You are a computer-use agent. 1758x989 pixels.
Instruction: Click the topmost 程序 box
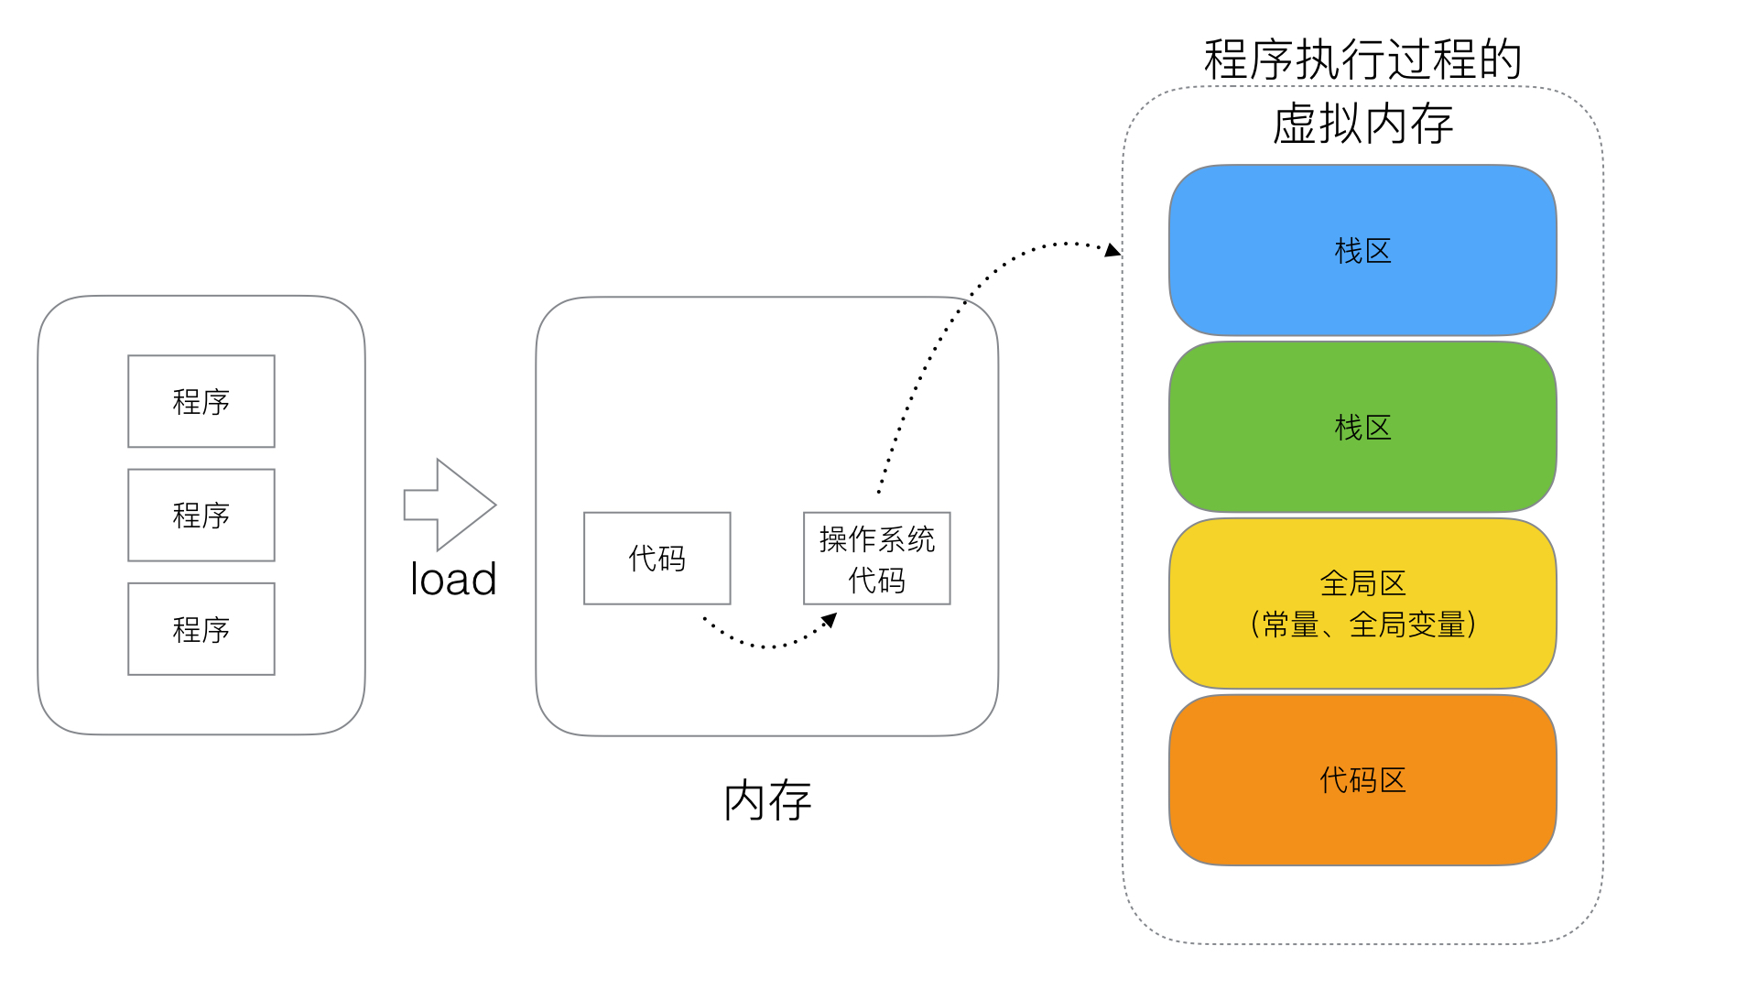(x=201, y=401)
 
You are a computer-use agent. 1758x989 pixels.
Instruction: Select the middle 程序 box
(x=201, y=515)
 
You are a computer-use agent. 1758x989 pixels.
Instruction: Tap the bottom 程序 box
(x=201, y=629)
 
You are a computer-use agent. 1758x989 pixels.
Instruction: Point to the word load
(x=453, y=580)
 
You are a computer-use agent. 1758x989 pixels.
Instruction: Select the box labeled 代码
(x=657, y=558)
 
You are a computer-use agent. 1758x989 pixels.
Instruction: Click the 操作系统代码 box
(x=876, y=558)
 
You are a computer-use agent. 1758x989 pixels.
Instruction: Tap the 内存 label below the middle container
(x=767, y=801)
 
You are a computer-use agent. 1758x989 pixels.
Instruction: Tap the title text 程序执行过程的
(x=1362, y=60)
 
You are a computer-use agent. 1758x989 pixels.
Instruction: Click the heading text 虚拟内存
(x=1362, y=124)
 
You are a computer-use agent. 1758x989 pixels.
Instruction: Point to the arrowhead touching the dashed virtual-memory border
(x=1112, y=250)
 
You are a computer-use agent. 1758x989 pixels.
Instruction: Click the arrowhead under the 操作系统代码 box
(x=830, y=621)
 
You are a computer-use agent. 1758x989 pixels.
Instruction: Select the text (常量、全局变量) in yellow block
(x=1362, y=625)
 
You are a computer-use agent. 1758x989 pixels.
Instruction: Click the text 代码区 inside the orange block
(x=1362, y=780)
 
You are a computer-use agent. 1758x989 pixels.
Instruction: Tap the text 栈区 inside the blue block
(x=1362, y=251)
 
